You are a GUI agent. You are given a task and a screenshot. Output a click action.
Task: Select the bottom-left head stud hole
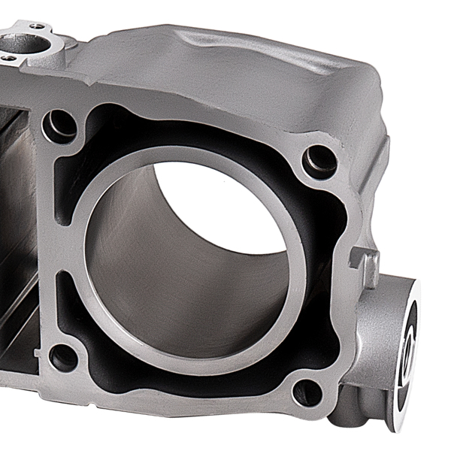(64, 356)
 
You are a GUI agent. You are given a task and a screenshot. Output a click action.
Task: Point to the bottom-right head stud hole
(307, 391)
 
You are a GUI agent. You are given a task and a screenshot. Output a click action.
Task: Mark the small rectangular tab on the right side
(368, 266)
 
